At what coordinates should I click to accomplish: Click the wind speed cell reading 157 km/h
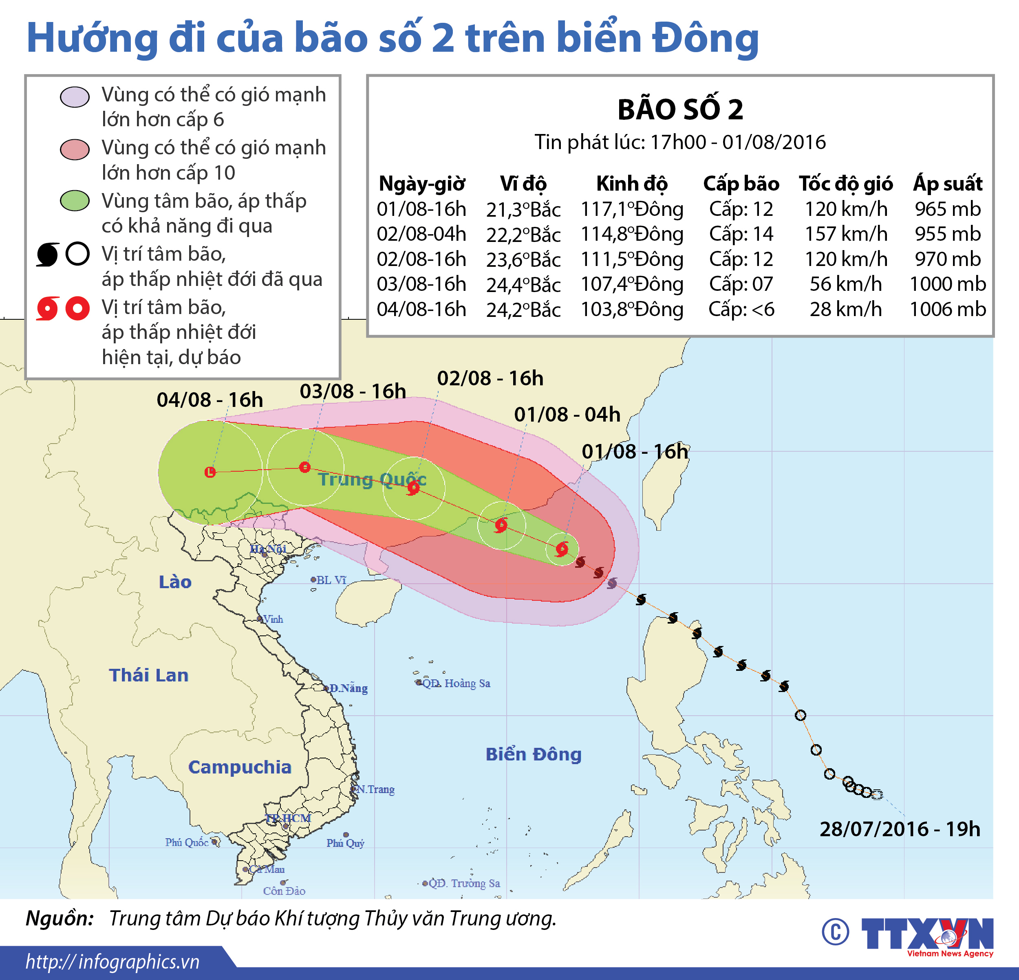(x=845, y=234)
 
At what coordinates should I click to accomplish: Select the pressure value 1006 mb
(x=947, y=309)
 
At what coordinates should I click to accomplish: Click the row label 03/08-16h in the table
(x=421, y=284)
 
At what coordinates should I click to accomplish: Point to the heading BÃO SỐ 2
(x=680, y=110)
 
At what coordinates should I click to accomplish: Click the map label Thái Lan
(x=149, y=675)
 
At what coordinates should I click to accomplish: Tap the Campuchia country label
(x=240, y=767)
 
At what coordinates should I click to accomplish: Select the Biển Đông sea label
(x=534, y=754)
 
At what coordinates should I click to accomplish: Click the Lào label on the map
(x=175, y=582)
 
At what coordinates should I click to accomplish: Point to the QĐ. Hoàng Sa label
(x=455, y=683)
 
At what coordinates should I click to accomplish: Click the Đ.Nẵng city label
(x=348, y=688)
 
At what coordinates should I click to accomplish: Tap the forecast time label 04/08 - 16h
(x=210, y=400)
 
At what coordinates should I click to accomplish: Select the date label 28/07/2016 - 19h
(x=900, y=829)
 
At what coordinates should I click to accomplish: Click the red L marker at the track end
(x=210, y=472)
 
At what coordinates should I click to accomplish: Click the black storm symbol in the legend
(x=48, y=255)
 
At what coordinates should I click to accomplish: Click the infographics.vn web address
(x=112, y=962)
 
